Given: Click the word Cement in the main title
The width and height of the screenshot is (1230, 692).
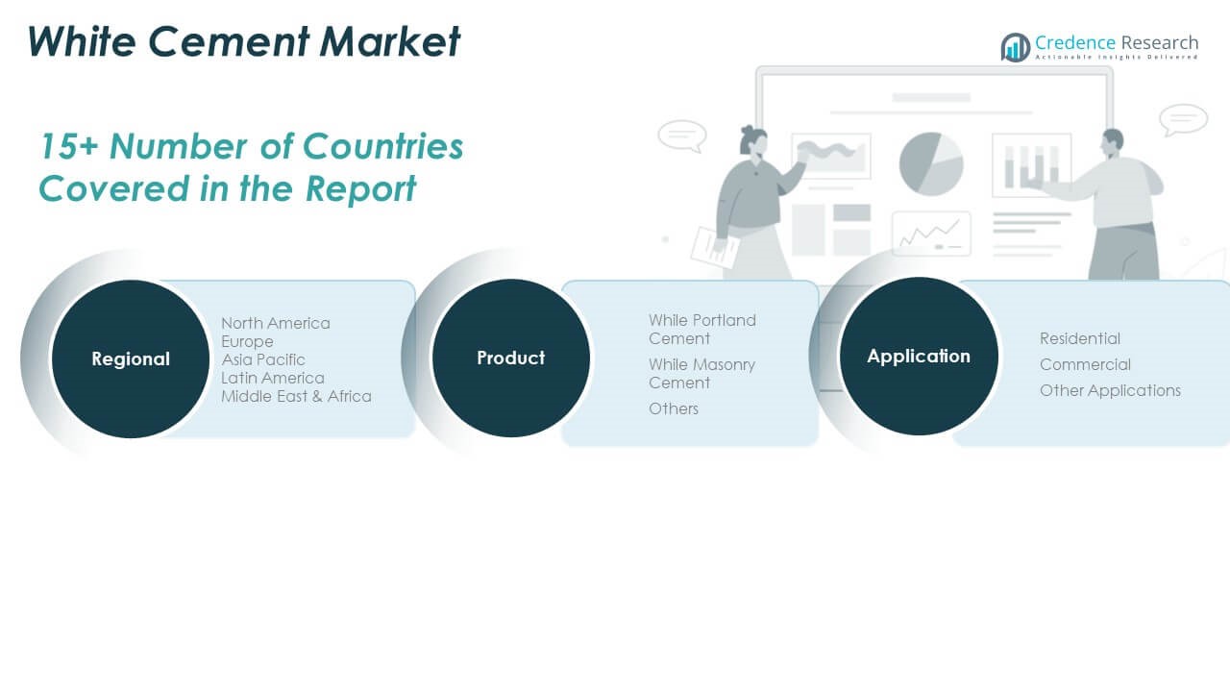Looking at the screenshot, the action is [x=229, y=41].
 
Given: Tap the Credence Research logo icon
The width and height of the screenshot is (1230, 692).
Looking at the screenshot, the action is [x=1016, y=47].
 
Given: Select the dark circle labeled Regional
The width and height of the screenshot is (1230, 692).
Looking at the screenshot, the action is [x=131, y=358].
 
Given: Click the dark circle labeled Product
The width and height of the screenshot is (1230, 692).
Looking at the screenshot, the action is [x=510, y=358].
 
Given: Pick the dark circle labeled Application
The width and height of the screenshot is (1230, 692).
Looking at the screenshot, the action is [x=919, y=356].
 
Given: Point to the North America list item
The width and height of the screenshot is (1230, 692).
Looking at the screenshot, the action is [x=276, y=323].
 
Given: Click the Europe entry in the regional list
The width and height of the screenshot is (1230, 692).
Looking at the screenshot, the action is [x=247, y=341].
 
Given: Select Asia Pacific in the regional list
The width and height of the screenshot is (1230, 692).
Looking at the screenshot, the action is [x=263, y=359].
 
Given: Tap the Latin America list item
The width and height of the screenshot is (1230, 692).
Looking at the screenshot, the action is [x=272, y=378].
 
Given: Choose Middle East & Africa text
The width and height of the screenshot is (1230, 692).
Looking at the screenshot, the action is [x=296, y=396].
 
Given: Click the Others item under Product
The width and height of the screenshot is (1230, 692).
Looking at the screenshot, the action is [x=674, y=408].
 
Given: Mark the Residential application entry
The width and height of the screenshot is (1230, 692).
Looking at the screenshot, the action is [x=1079, y=338].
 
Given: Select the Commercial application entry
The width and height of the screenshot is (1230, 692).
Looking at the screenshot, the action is [x=1085, y=364].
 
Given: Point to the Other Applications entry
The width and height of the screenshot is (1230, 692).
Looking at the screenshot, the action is [x=1110, y=390].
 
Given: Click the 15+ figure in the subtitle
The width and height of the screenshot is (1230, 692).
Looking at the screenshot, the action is [x=68, y=147].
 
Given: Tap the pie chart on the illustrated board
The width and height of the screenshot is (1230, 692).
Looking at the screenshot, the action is [x=931, y=163].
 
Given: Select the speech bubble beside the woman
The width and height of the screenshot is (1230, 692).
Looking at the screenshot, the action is [x=682, y=136].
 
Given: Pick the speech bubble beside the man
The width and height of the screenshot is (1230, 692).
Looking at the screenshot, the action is [x=1183, y=119].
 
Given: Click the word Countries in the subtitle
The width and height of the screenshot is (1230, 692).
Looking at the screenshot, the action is [x=382, y=147].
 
